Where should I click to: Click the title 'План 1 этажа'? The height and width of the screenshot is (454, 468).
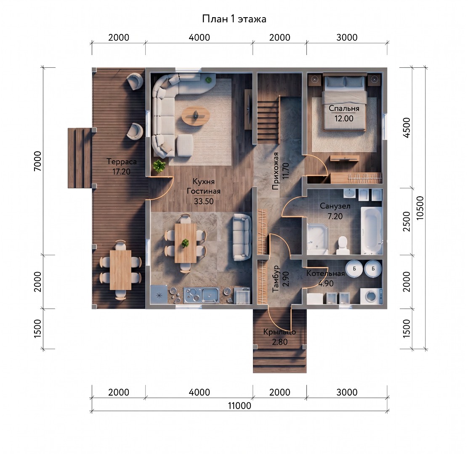tap(234, 19)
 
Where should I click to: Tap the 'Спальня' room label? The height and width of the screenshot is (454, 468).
tap(344, 108)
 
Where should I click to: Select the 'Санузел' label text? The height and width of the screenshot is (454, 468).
tap(335, 206)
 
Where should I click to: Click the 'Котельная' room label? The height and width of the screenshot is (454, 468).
tap(325, 273)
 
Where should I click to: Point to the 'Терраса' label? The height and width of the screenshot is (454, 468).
tap(122, 162)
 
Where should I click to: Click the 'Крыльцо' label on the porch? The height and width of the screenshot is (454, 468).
tap(280, 332)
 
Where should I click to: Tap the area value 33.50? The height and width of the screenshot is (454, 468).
tap(204, 201)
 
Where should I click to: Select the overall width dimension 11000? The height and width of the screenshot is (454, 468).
tap(239, 406)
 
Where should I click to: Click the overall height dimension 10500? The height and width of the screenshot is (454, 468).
tap(420, 208)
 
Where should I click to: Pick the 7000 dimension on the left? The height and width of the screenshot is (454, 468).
tap(37, 161)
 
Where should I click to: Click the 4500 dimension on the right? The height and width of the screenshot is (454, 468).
tap(407, 128)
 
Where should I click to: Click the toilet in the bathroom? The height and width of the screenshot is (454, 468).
tap(343, 245)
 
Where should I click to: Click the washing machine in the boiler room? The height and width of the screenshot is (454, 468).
tap(371, 296)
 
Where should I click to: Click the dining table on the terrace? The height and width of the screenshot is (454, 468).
tap(121, 270)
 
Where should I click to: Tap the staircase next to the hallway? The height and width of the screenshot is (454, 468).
tap(269, 119)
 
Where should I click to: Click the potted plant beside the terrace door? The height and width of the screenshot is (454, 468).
tap(159, 166)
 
